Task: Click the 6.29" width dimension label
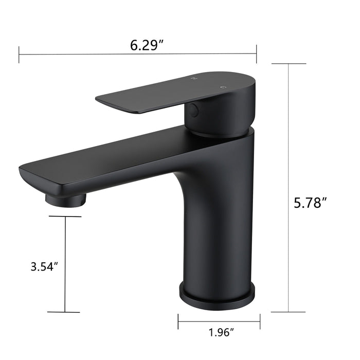click(x=147, y=45)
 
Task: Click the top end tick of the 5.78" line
click(x=289, y=64)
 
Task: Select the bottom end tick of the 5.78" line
click(x=289, y=312)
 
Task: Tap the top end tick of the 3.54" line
click(x=65, y=217)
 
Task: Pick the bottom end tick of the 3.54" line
click(x=65, y=312)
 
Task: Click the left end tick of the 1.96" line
click(x=178, y=322)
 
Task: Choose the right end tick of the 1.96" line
click(x=256, y=322)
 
